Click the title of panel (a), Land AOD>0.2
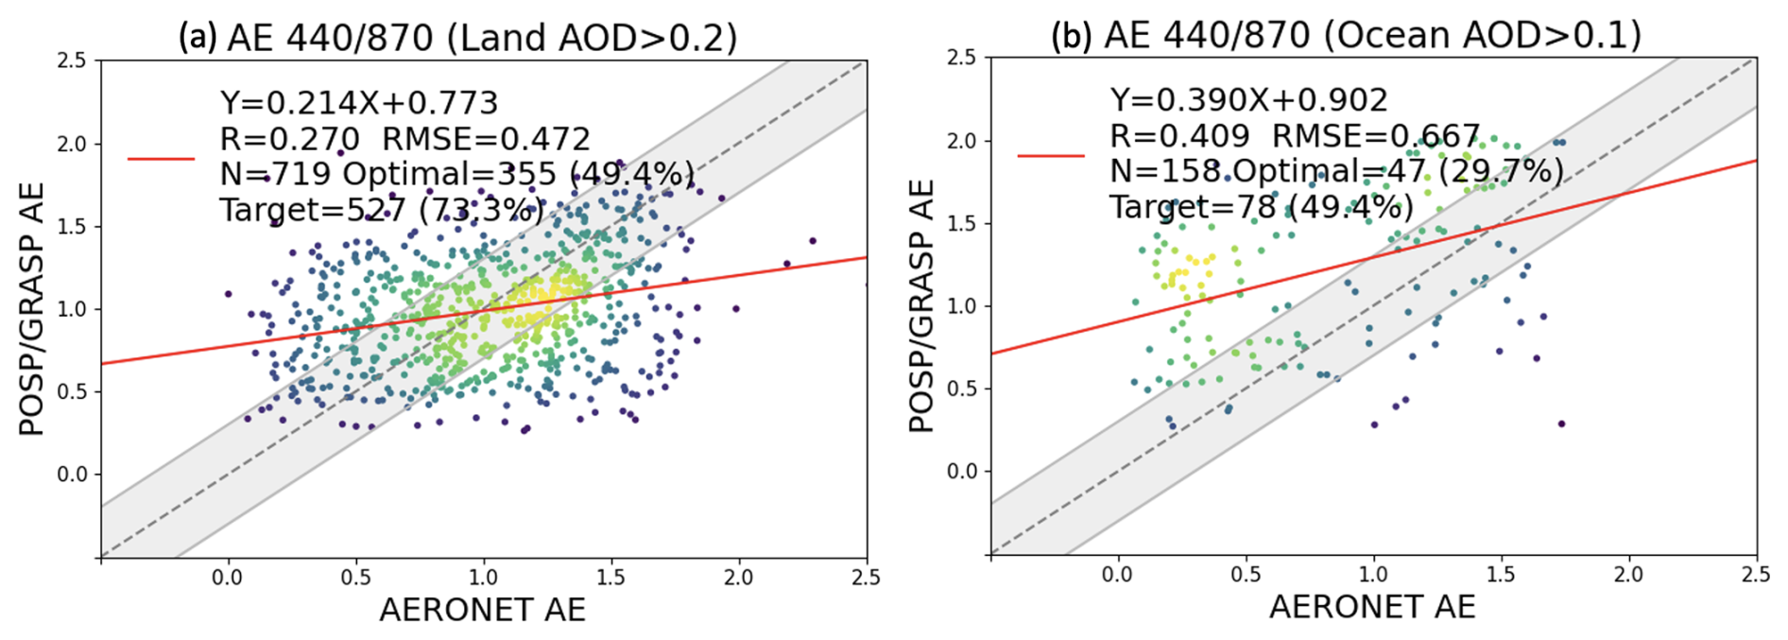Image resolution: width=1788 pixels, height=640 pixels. coord(457,37)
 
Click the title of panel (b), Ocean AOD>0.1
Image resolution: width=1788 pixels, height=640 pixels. coord(1346,34)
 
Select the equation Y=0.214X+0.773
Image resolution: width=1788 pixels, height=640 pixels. coord(358,102)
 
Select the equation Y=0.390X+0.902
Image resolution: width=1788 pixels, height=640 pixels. coord(1248,99)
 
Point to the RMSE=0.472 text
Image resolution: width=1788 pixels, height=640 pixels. coord(486,139)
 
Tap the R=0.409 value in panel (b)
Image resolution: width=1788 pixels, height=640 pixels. coord(1178,136)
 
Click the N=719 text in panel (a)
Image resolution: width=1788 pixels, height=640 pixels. coord(275,174)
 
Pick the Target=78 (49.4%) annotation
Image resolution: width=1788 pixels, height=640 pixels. coord(1261,206)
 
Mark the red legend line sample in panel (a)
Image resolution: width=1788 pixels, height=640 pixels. coord(161,159)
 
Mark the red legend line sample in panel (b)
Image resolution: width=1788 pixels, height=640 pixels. coord(1051,155)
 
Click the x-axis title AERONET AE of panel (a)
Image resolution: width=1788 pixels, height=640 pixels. coord(482,610)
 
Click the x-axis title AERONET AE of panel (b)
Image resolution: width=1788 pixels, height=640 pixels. coord(1372,607)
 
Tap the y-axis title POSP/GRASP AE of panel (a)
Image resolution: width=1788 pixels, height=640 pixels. coord(32,308)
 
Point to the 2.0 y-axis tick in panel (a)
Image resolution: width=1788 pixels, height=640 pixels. coord(71,144)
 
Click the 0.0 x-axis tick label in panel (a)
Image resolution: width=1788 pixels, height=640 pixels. coord(227,578)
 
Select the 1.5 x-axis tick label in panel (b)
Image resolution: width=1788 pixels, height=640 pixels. coord(1501,574)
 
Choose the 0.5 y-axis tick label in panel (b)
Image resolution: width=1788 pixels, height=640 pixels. coord(961,389)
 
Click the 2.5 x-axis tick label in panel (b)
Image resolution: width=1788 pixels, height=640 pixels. coord(1755,574)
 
